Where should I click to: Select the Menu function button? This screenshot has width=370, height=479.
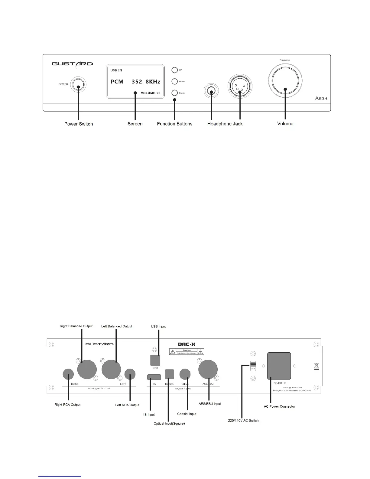click(x=174, y=82)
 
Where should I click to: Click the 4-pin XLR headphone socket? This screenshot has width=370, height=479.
click(x=239, y=87)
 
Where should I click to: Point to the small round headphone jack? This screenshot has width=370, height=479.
click(x=211, y=90)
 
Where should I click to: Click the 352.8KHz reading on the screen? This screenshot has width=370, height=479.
click(x=146, y=82)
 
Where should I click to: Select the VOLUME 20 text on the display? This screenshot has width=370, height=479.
click(x=151, y=93)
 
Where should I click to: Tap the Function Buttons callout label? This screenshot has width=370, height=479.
click(x=174, y=124)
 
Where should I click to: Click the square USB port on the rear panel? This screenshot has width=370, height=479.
click(x=155, y=360)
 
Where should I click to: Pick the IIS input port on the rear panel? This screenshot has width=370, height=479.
click(x=154, y=377)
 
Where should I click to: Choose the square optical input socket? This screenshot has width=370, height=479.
click(x=170, y=374)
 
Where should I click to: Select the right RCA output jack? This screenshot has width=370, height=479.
click(x=68, y=374)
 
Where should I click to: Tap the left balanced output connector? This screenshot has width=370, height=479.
click(x=111, y=369)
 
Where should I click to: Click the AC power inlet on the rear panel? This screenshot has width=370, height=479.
click(x=279, y=366)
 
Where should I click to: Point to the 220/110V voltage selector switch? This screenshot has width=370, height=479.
click(x=253, y=366)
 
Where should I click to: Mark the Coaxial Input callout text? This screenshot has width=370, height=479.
click(x=187, y=414)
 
